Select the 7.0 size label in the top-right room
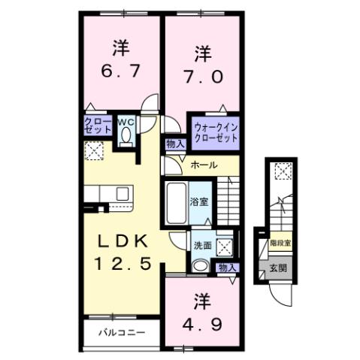click(x=201, y=77)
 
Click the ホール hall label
click(x=204, y=165)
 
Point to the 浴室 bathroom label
click(x=198, y=202)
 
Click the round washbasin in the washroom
click(x=199, y=265)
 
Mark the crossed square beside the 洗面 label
click(x=224, y=246)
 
